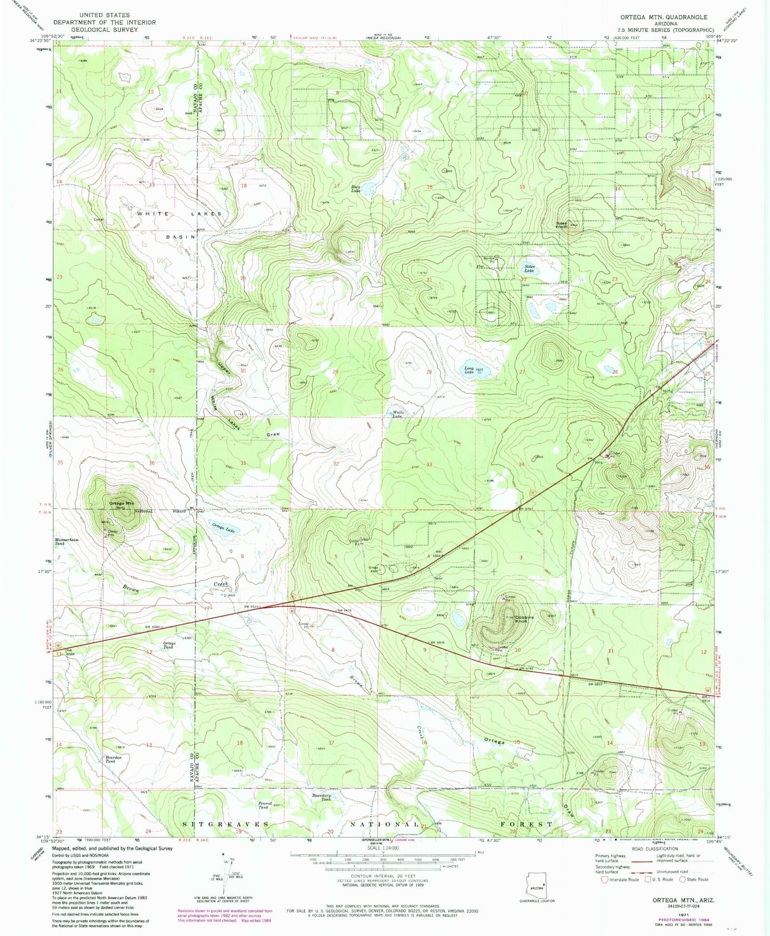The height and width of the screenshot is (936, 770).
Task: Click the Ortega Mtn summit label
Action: tap(121, 503)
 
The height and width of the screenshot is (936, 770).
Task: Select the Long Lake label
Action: tap(469, 370)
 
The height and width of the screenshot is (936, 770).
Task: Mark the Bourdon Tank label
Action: tap(113, 759)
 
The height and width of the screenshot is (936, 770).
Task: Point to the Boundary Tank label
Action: tap(322, 797)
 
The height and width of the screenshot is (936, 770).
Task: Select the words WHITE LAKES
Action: tap(179, 214)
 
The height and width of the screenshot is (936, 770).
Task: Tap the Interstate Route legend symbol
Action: tap(604, 880)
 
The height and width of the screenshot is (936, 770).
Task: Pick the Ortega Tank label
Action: tap(169, 645)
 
